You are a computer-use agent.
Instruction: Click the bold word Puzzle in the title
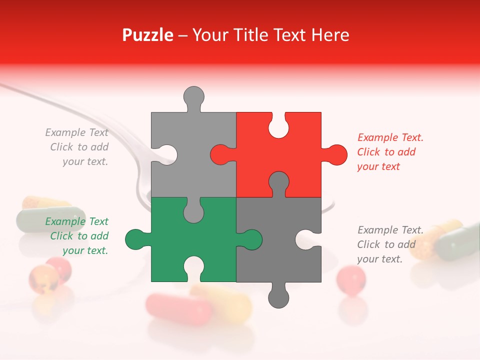tap(147, 35)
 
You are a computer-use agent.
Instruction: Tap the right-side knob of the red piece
tap(336, 154)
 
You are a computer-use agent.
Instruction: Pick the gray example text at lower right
tap(390, 244)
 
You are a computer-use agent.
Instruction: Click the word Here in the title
tap(329, 35)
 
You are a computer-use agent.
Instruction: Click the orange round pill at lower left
tap(43, 278)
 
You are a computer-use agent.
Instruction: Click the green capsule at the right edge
tap(457, 242)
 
